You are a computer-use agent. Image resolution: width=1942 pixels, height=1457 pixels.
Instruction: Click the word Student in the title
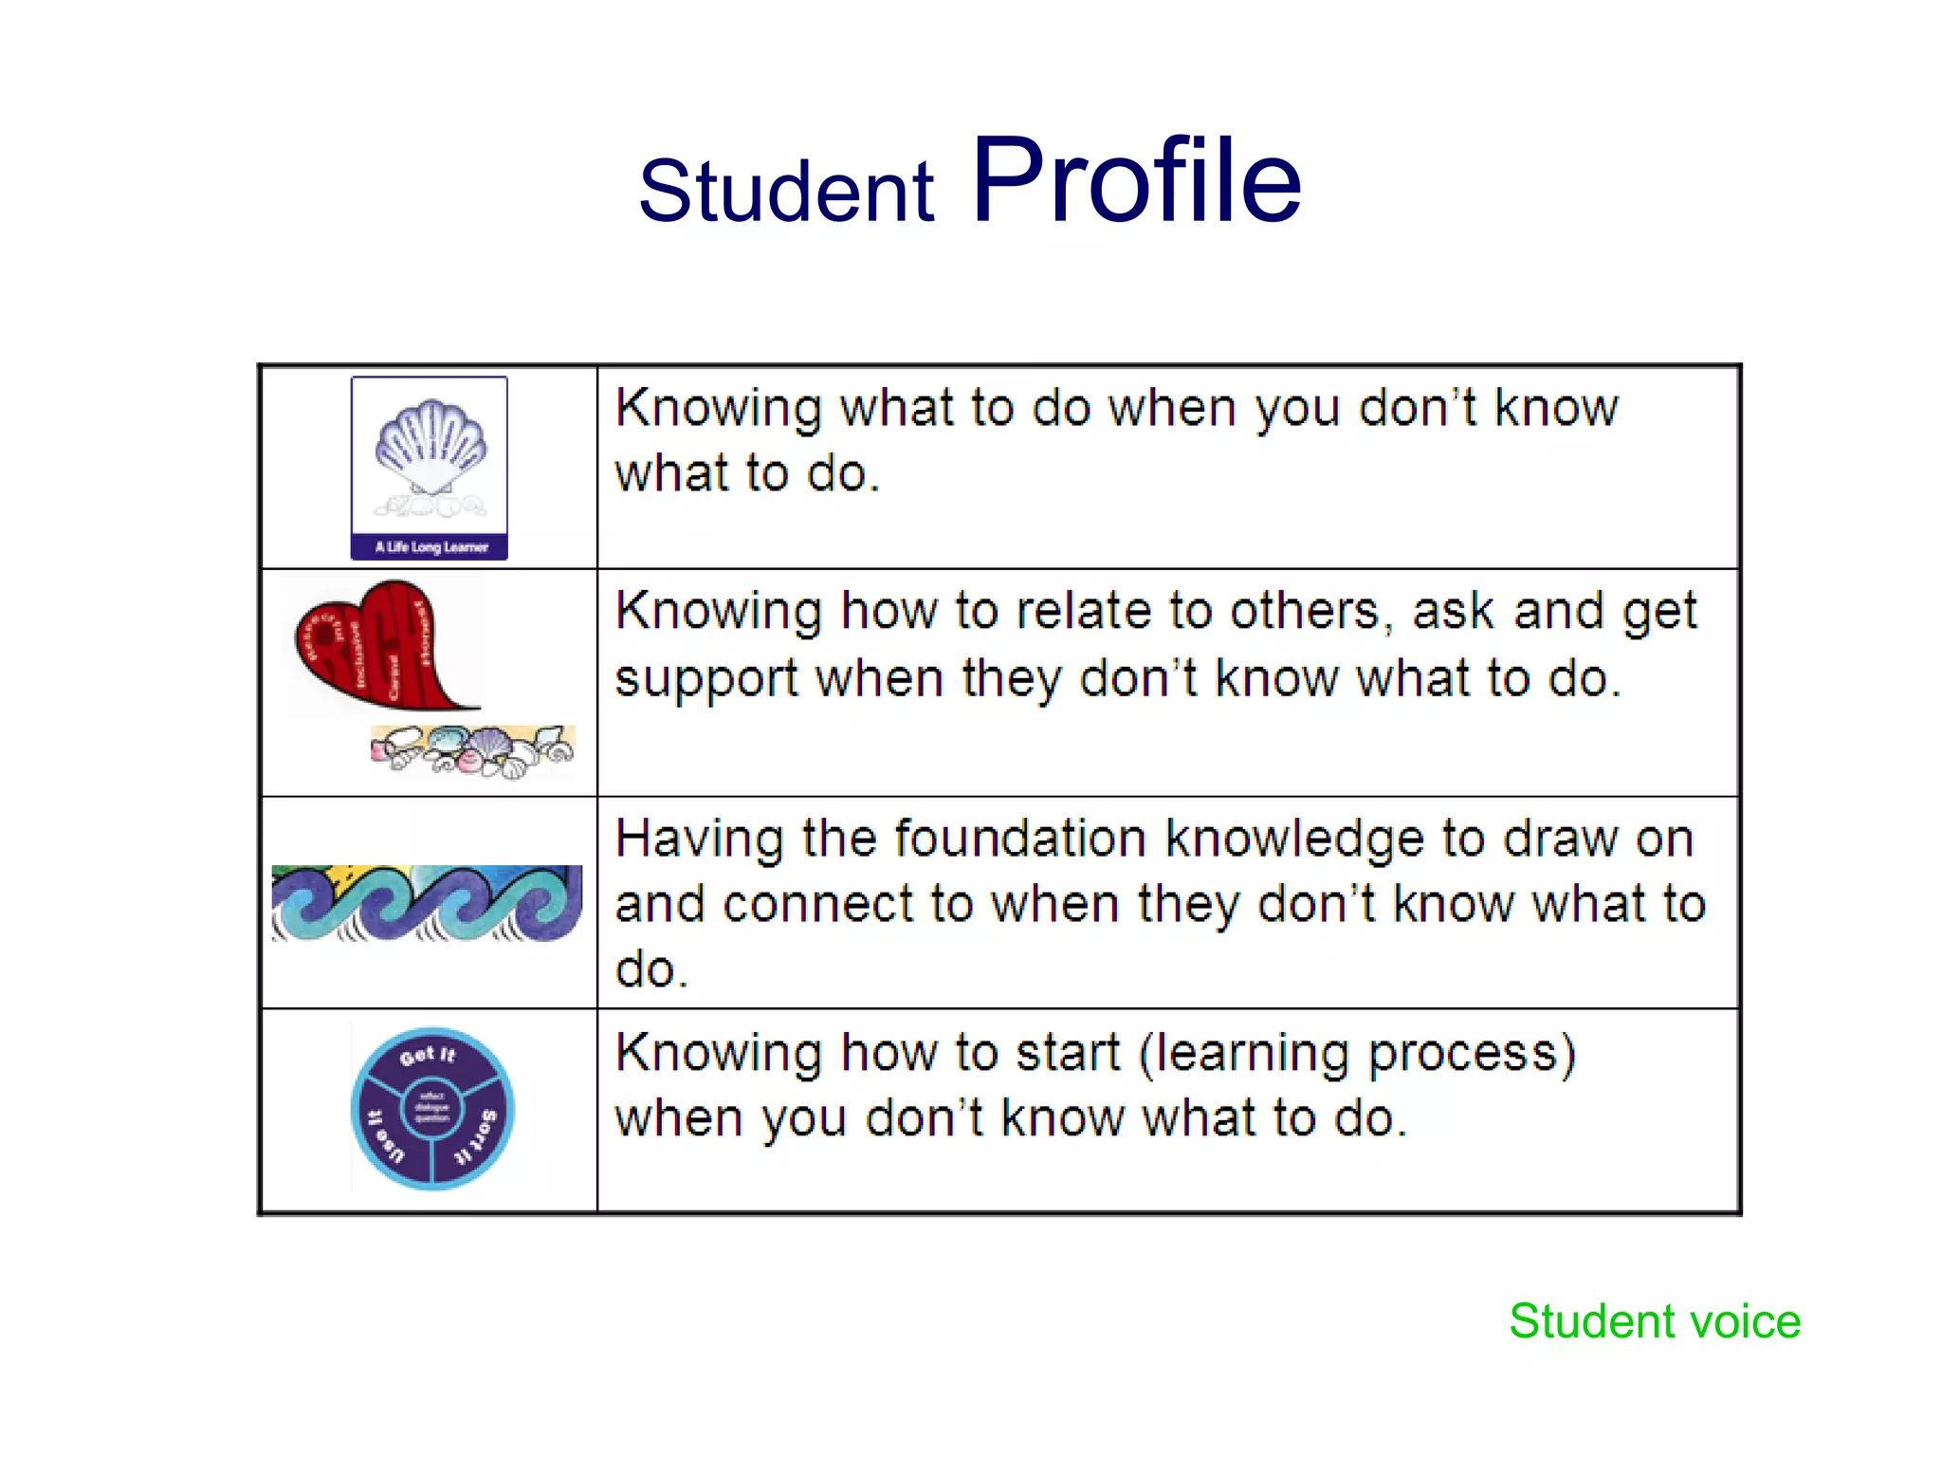tap(786, 192)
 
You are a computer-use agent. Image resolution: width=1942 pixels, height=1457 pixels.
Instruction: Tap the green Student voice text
tap(1655, 1321)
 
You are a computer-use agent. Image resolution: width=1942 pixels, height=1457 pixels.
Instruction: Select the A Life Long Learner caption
tap(431, 547)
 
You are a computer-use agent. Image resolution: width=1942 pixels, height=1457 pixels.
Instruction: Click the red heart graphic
tap(379, 645)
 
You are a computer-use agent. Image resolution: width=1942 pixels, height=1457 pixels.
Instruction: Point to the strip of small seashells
tap(472, 751)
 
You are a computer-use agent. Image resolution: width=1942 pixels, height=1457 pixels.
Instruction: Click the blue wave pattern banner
tap(427, 903)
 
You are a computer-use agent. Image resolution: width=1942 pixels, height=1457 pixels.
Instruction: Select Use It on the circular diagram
tap(384, 1135)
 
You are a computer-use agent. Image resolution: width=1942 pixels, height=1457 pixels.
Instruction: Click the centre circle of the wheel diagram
tap(431, 1108)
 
